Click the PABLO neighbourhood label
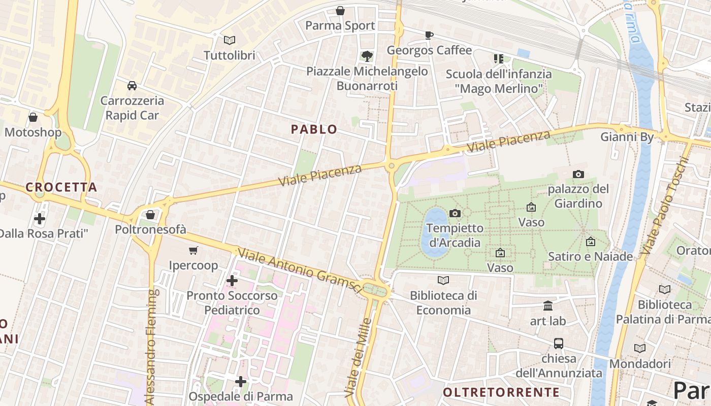pos(314,129)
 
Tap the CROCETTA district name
pos(61,187)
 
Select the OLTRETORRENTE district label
pos(501,392)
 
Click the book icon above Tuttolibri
pos(230,40)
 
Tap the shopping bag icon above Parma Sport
pos(340,11)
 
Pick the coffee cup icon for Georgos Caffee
pos(429,35)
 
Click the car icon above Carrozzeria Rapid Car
pos(132,85)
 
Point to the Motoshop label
pos(33,132)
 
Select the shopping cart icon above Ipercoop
pos(193,250)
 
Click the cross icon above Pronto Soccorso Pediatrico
pos(232,280)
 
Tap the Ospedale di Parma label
pos(241,396)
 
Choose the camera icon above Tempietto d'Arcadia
pos(455,213)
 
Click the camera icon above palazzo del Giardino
pos(578,175)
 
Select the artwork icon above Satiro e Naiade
pos(590,242)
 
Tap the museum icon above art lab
pos(548,306)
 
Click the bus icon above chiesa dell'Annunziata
pos(559,344)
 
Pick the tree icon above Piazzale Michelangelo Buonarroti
pos(367,56)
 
